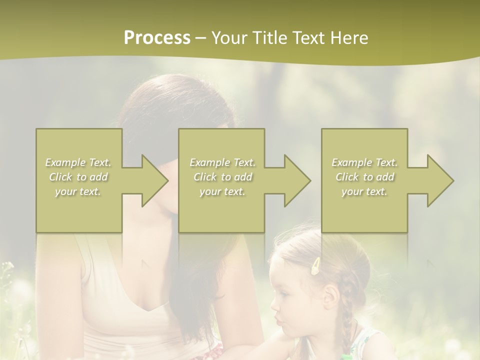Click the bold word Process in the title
click(x=157, y=38)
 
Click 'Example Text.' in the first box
click(x=78, y=162)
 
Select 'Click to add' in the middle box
click(x=222, y=177)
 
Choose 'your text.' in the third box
click(x=364, y=191)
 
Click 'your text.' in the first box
click(x=78, y=191)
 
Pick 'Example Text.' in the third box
click(x=364, y=162)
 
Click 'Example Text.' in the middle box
click(x=222, y=162)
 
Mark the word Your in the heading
click(x=230, y=38)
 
